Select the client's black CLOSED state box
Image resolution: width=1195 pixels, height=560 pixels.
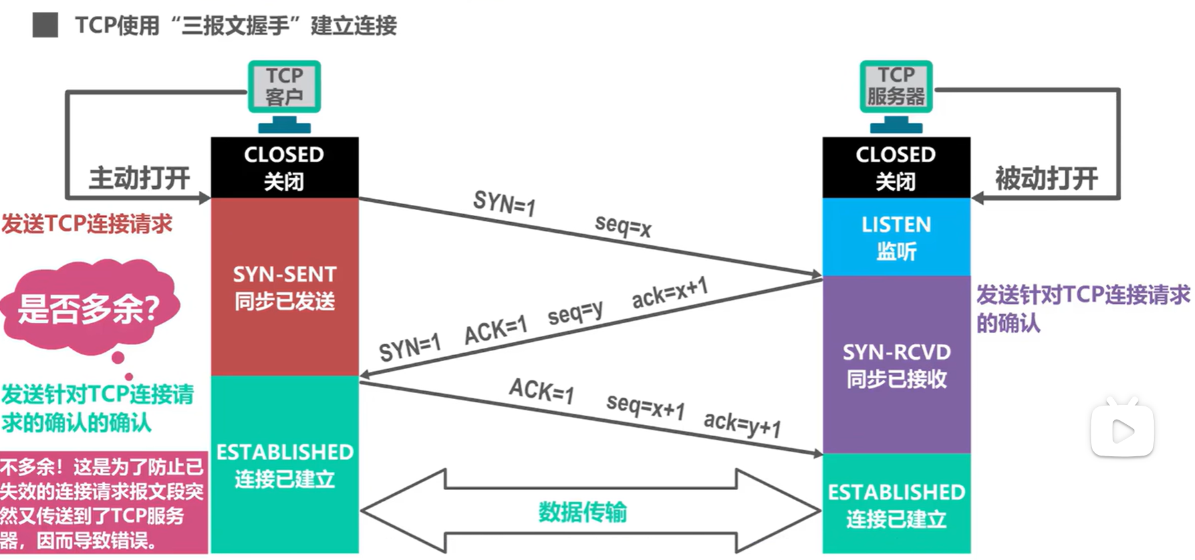[x=285, y=167]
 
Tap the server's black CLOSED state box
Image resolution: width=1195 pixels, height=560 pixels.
[x=896, y=167]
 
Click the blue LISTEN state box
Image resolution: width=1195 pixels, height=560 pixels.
[x=896, y=237]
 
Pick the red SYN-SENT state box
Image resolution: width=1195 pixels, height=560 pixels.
[x=285, y=287]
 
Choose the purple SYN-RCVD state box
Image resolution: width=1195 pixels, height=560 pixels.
[x=896, y=364]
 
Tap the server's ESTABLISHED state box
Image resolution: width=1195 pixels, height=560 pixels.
[x=896, y=503]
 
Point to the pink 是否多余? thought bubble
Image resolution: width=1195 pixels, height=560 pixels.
[x=89, y=308]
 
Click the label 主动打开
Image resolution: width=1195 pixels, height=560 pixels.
[x=140, y=178]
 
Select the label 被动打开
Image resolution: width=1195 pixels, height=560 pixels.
[x=1046, y=178]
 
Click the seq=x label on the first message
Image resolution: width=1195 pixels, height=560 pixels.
[x=623, y=226]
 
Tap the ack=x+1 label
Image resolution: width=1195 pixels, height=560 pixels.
[x=669, y=293]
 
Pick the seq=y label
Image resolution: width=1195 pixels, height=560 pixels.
[x=575, y=313]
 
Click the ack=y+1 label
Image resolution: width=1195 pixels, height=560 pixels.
[x=742, y=423]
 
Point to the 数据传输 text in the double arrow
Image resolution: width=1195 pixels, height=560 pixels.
[x=583, y=512]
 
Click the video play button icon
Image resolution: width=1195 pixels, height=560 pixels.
[x=1122, y=430]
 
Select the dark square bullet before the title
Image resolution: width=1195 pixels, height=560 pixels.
[x=45, y=25]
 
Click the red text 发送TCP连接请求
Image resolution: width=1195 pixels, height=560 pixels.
[x=86, y=223]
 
